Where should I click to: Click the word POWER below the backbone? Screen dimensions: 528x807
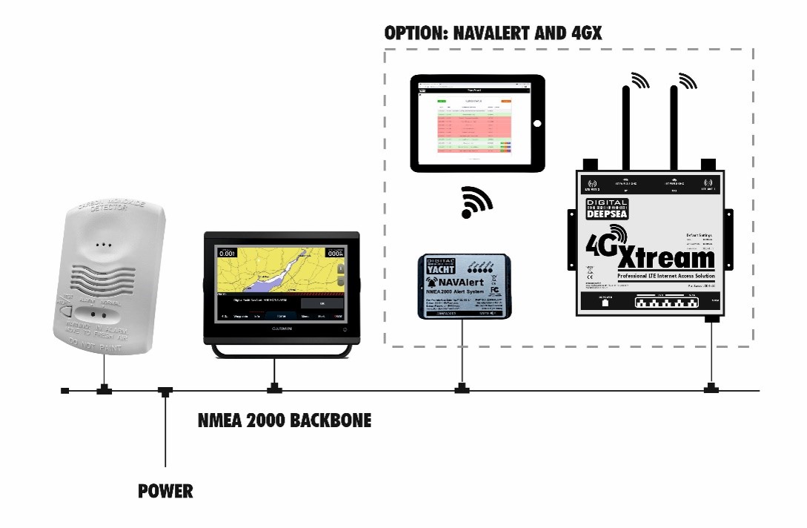tap(165, 491)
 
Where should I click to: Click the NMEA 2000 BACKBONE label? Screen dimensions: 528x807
tap(285, 421)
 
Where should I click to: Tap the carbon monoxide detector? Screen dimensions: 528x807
tap(109, 274)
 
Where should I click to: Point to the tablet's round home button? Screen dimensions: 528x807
tap(537, 123)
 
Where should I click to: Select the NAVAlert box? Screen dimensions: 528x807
tap(462, 285)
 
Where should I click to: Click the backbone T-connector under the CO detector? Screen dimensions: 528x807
tap(104, 389)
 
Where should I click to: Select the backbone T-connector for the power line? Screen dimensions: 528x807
tap(165, 390)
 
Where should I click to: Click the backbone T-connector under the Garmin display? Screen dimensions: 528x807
tap(275, 389)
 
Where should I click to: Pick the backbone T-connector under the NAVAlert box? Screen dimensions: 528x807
tap(462, 389)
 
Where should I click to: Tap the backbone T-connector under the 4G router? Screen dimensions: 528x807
tap(711, 389)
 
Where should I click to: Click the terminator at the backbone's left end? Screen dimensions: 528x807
tap(65, 390)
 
